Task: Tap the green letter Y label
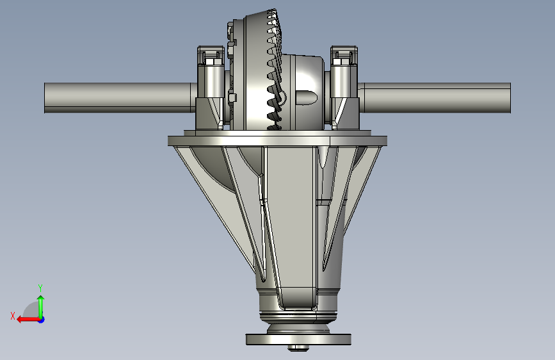click(x=40, y=288)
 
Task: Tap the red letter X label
click(x=12, y=316)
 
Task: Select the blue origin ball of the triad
click(x=41, y=319)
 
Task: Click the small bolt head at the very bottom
click(x=298, y=348)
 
